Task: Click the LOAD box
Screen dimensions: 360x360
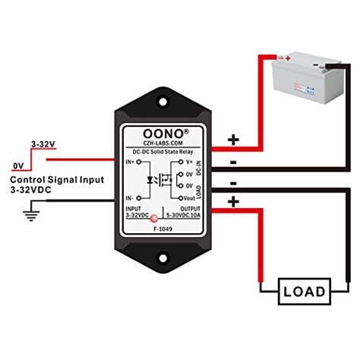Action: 304,291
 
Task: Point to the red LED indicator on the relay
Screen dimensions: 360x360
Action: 154,218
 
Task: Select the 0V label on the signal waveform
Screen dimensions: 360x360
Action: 17,165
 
